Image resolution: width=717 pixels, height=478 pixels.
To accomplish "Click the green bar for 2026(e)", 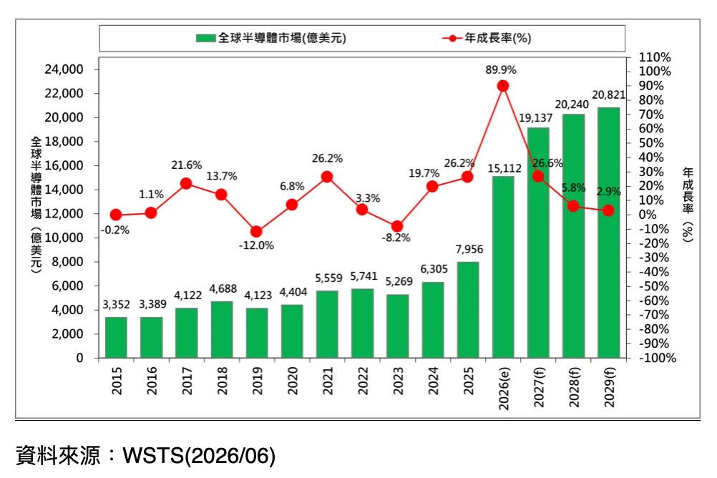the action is [503, 267].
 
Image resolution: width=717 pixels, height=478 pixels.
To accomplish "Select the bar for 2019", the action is [257, 333].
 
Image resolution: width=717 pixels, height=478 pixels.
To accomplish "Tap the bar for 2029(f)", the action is [609, 233].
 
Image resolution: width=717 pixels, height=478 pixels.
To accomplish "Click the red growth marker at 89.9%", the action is [503, 86].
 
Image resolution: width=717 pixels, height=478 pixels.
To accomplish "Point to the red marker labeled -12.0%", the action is [256, 232].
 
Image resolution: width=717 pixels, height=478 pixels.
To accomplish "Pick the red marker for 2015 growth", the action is [116, 215].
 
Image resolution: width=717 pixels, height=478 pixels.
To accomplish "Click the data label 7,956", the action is [469, 249].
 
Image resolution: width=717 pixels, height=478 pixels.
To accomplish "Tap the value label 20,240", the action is [572, 104].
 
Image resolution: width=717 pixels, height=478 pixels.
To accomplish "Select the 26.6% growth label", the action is [548, 163].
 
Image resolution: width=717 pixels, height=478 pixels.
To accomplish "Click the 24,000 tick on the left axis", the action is [64, 69].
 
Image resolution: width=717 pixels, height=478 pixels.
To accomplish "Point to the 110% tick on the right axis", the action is [655, 57].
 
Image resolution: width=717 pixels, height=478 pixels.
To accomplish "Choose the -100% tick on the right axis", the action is [658, 358].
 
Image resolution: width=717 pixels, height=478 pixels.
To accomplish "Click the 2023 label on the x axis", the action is [398, 381].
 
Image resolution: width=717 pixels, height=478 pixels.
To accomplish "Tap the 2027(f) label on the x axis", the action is [539, 386].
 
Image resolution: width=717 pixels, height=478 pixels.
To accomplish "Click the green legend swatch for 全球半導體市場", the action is [206, 38].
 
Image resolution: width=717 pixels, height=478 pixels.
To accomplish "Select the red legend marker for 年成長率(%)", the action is [453, 39].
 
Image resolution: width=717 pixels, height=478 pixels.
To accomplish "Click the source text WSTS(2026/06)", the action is [199, 456].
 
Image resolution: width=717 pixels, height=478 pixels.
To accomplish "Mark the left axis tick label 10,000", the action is [64, 238].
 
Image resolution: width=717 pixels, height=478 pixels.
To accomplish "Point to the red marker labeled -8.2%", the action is [397, 226].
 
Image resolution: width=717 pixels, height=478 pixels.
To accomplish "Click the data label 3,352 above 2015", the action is [116, 305].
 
